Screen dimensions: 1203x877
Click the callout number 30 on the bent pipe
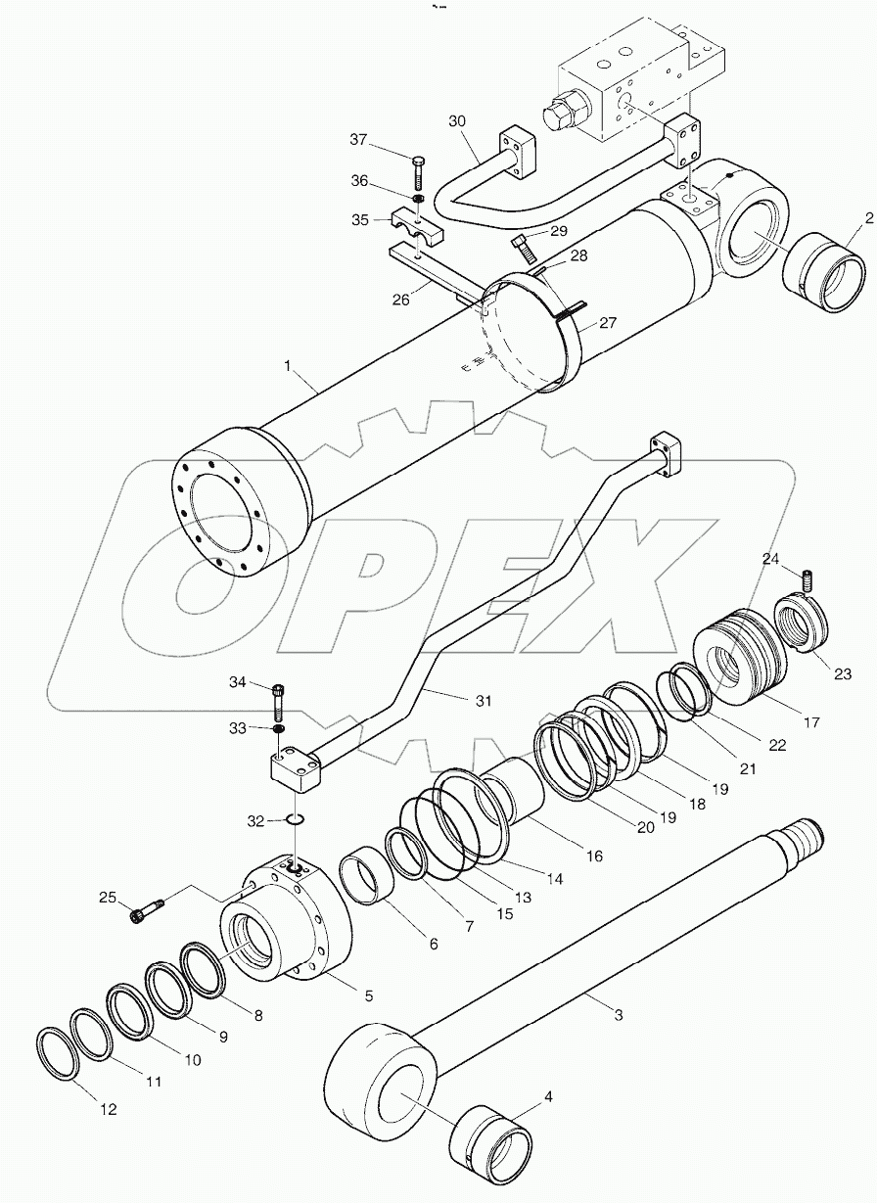point(457,121)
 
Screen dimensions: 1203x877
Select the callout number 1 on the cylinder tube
point(288,366)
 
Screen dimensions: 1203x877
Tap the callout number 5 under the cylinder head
point(369,996)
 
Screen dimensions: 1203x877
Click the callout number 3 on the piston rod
point(617,1015)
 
